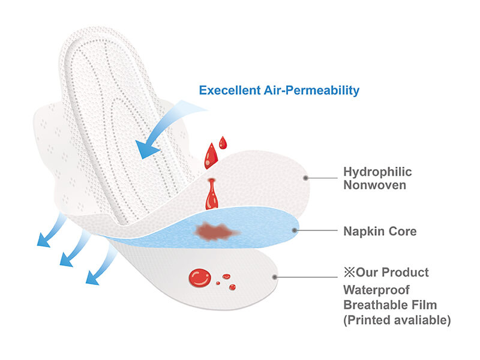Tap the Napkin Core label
[380, 231]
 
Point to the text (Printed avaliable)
[397, 320]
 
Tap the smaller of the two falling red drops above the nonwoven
[223, 142]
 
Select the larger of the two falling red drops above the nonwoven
[211, 156]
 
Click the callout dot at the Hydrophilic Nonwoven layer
[305, 178]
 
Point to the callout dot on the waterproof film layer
[274, 277]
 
